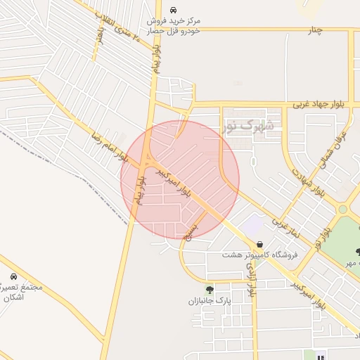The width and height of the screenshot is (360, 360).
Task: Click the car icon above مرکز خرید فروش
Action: point(174,11)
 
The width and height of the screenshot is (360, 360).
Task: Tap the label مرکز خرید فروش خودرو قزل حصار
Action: point(174,25)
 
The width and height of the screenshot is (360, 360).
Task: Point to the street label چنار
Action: point(315,30)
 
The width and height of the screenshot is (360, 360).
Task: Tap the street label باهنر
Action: point(101,33)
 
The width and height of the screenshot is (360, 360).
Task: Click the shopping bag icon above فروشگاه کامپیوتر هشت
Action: point(260,244)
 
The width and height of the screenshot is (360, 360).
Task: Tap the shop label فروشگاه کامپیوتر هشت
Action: point(260,255)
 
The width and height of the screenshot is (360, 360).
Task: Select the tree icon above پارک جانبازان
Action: point(209,289)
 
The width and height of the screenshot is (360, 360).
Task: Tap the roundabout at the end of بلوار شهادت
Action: point(343,209)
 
